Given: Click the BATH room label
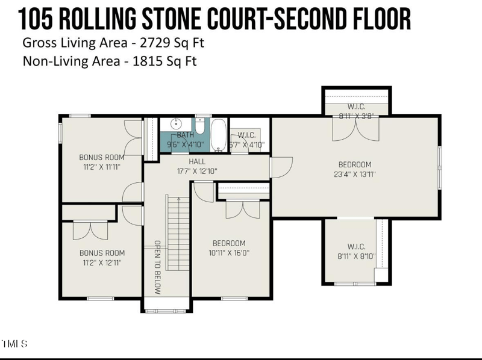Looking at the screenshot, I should pos(185,135).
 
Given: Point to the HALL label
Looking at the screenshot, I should pos(197,161).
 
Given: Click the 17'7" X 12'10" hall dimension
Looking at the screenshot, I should pos(197,171).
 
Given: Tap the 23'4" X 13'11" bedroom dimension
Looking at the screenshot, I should pos(354,175).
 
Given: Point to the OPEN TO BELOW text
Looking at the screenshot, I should pos(157,267).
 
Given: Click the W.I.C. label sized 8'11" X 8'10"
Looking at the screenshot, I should pos(356,246).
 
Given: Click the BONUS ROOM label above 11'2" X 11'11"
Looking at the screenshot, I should pos(102,158).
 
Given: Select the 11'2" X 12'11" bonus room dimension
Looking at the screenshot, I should pos(102,262).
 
